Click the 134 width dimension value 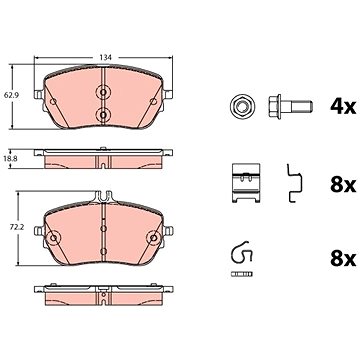(x=105, y=57)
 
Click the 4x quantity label (x=343, y=106)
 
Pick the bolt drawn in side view (x=290, y=106)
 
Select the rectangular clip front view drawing (x=246, y=183)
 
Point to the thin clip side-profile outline (x=294, y=183)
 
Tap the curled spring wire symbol (x=242, y=252)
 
